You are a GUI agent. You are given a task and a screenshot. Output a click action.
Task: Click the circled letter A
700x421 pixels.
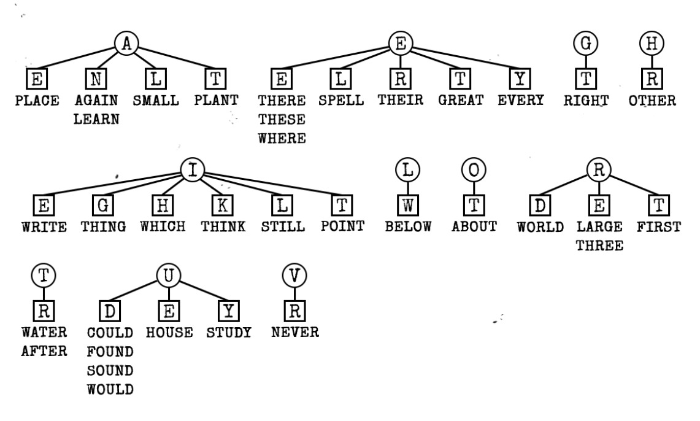[126, 43]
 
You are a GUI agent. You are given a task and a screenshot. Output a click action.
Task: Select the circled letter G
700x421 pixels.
[586, 43]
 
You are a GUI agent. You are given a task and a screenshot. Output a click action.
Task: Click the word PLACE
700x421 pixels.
[37, 100]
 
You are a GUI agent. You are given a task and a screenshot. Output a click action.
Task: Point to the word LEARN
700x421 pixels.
[96, 119]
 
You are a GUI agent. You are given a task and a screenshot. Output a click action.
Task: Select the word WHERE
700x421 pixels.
[282, 138]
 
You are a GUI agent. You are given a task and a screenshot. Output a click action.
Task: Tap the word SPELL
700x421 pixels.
[341, 100]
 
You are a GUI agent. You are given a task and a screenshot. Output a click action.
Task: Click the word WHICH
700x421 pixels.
[163, 226]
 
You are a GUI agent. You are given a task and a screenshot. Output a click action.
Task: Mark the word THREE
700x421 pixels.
[599, 245]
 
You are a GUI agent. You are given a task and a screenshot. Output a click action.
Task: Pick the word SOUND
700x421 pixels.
[110, 371]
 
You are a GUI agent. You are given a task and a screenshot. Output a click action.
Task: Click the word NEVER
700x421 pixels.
[294, 333]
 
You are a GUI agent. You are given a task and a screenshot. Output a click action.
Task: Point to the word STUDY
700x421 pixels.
[229, 333]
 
